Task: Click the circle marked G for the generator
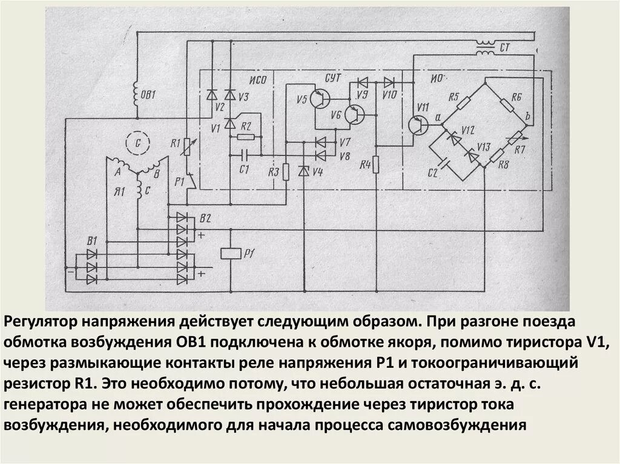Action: tap(137, 143)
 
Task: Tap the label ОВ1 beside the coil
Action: tap(148, 94)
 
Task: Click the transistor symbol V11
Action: tap(418, 125)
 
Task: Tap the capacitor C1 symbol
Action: tap(243, 155)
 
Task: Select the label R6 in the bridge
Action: tap(516, 97)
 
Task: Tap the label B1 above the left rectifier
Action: tap(92, 241)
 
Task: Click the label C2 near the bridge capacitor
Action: tap(432, 174)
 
